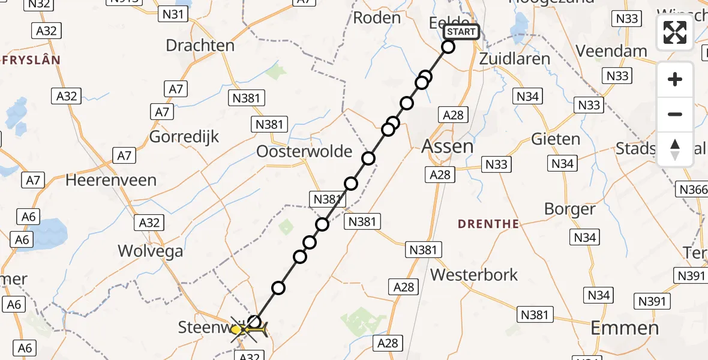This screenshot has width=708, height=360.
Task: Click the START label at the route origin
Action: tap(461, 32)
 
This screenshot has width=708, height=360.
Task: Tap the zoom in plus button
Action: tap(675, 79)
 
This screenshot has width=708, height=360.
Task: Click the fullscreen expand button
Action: tap(675, 32)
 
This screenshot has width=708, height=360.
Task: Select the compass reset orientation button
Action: tap(675, 149)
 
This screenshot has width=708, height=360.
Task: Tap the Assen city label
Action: tap(448, 146)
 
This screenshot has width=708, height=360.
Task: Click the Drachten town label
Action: tap(200, 45)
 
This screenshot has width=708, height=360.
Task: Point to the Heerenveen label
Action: tap(111, 180)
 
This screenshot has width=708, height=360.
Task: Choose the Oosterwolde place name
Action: tap(304, 151)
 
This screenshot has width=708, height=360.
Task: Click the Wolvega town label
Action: tap(151, 251)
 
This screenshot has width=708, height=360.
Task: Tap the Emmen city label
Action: tap(625, 328)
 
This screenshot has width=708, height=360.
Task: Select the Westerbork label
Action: tap(474, 275)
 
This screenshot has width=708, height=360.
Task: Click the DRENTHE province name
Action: tap(488, 224)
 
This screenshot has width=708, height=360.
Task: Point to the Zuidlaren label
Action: tap(515, 59)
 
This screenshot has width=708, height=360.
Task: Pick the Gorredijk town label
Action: tap(184, 136)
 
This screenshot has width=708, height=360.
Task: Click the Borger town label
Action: tap(569, 209)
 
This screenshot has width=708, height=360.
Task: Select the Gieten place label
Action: tap(556, 139)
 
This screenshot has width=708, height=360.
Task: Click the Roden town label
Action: tap(376, 18)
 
